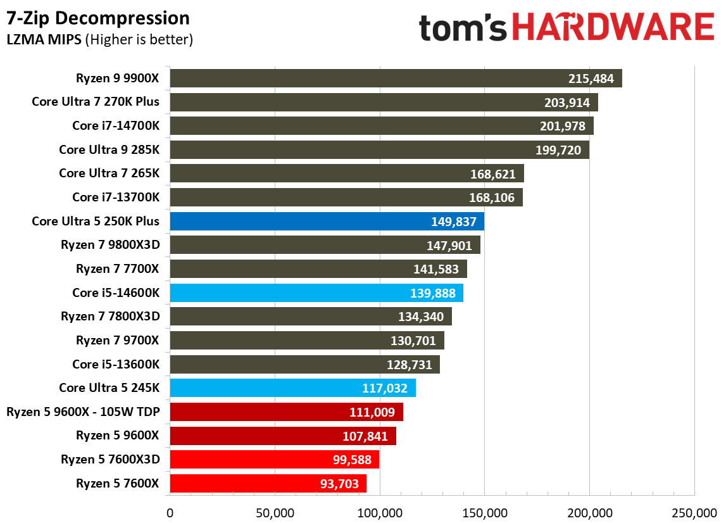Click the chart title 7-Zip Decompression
coord(98,18)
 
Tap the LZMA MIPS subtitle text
coord(99,40)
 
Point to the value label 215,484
coord(591,79)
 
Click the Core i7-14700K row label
coord(116,126)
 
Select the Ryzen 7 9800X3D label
coord(110,245)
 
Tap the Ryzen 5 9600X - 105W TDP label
coord(83,412)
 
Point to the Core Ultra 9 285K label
coord(109,150)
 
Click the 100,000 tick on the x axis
coord(380,512)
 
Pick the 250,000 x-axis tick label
coord(694,512)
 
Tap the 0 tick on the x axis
coord(170,512)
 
